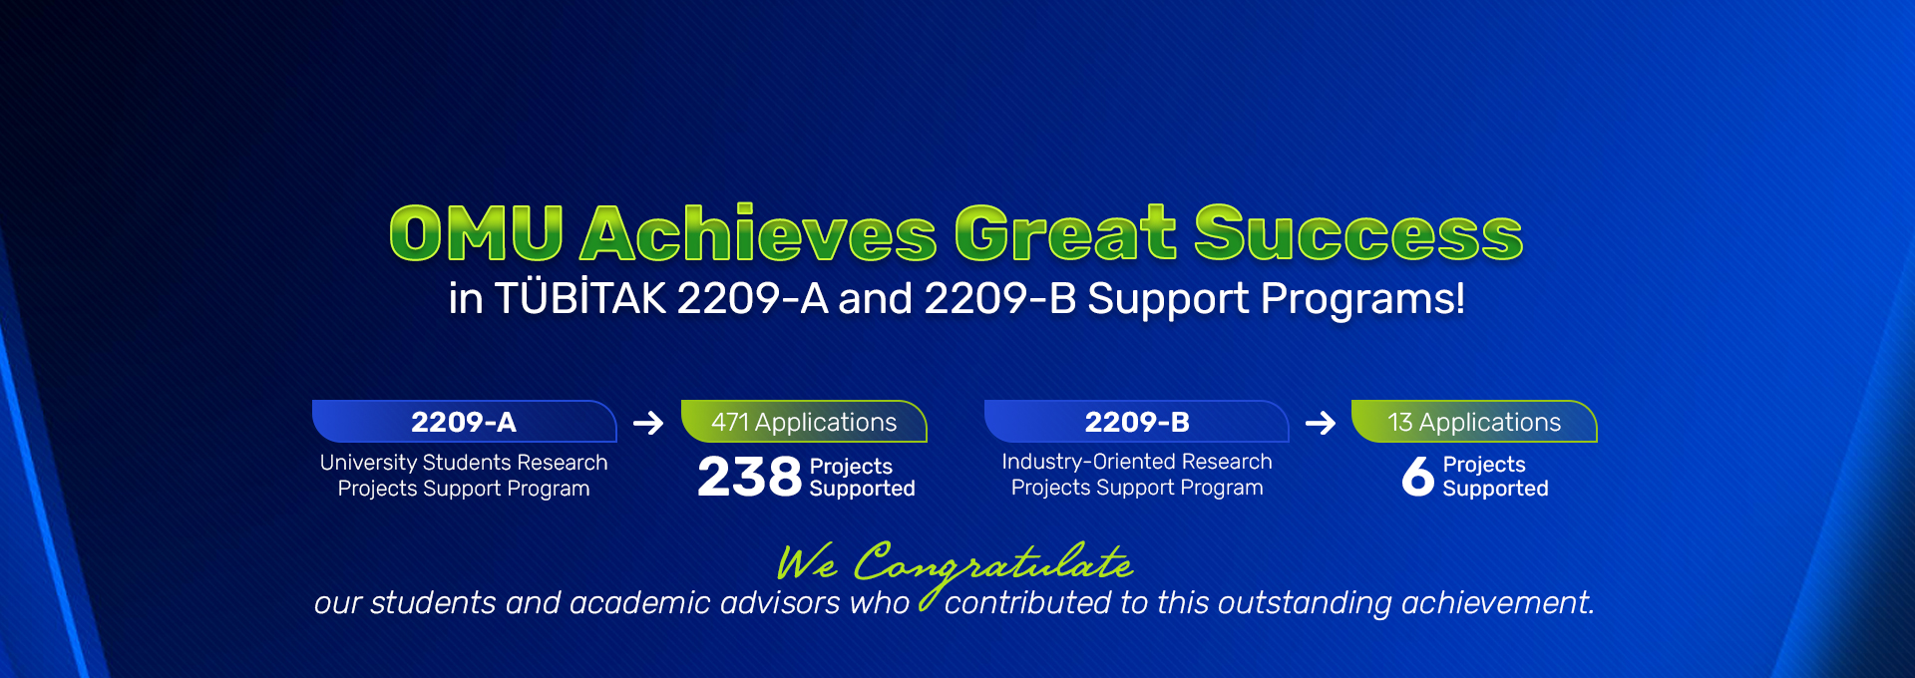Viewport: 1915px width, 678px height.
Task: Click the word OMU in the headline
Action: tap(477, 233)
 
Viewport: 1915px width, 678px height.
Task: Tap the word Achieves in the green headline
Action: tap(759, 233)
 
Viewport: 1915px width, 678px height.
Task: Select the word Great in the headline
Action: tap(1065, 233)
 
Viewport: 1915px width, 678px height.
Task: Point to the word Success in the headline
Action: tap(1358, 233)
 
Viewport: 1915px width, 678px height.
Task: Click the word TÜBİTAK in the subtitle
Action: tap(580, 297)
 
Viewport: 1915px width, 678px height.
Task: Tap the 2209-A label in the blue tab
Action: tap(464, 422)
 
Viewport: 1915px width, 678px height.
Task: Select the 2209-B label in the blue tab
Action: tap(1137, 422)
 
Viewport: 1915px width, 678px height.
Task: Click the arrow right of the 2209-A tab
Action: tap(648, 423)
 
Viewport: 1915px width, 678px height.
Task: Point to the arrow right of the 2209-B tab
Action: tap(1321, 423)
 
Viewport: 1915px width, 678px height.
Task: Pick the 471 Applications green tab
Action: tap(804, 421)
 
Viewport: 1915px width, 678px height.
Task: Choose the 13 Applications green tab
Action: tap(1474, 421)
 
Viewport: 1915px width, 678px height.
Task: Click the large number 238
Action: tap(749, 477)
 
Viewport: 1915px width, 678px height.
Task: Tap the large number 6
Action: tap(1417, 476)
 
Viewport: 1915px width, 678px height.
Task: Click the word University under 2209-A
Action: tap(368, 463)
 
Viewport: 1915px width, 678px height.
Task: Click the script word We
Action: tap(807, 562)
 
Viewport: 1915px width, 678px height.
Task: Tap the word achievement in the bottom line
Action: tap(1497, 602)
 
